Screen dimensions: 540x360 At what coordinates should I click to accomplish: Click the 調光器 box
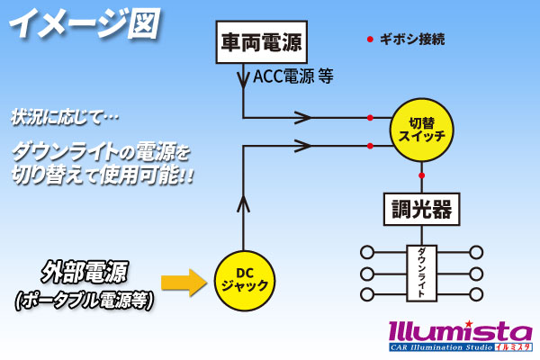pos(421,209)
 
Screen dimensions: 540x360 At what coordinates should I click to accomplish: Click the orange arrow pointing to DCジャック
pos(184,283)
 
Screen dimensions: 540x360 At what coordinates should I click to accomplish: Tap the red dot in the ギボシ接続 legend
pos(370,40)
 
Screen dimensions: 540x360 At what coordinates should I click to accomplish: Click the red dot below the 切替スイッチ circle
pos(421,175)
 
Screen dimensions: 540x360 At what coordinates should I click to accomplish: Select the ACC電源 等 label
pos(293,76)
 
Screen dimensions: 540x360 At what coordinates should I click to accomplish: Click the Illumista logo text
pos(461,331)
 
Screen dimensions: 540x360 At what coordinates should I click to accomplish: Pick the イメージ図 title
pos(85,23)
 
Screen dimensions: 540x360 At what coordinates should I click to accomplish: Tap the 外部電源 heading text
pos(85,272)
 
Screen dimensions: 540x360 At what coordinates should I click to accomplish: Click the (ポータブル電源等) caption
pos(85,301)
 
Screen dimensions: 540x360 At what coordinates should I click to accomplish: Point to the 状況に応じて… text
pos(65,117)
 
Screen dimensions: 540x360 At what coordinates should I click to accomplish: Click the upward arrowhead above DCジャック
pos(244,203)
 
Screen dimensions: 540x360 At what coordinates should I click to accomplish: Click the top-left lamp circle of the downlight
pos(367,253)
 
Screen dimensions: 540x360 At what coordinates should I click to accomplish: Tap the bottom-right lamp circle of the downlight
pos(476,294)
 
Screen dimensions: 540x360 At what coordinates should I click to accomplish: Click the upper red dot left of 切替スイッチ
pos(370,118)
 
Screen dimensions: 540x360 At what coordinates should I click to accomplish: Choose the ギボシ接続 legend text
pos(412,40)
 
